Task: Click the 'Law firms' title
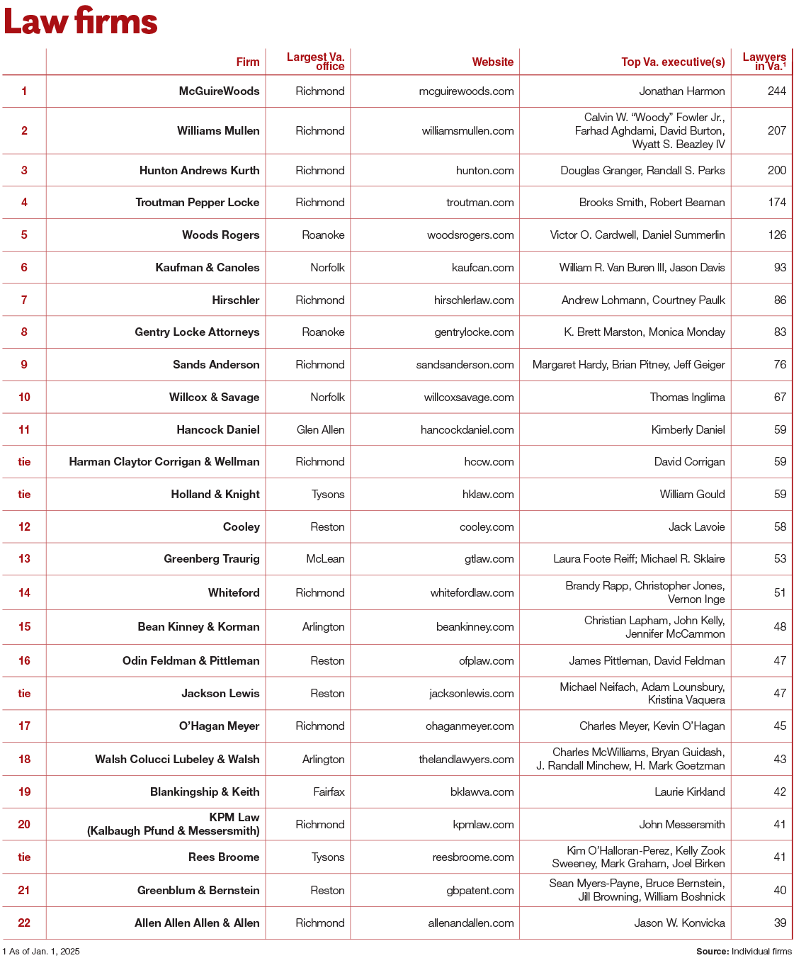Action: [81, 22]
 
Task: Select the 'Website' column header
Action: [492, 62]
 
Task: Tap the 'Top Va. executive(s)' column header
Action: [673, 62]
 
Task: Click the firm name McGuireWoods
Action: [219, 91]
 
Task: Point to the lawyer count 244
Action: [777, 91]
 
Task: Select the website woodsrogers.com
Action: [470, 235]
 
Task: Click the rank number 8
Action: [24, 332]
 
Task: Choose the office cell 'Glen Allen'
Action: [321, 430]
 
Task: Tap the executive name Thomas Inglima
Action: [687, 398]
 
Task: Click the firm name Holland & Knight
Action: [215, 495]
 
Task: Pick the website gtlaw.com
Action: [489, 559]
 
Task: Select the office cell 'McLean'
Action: [325, 559]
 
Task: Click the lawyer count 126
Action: [777, 235]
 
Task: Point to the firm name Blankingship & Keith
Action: [205, 792]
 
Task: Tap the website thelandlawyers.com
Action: [466, 760]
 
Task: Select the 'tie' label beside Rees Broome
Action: [24, 857]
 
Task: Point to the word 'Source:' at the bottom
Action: [712, 952]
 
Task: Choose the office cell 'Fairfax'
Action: [329, 792]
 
